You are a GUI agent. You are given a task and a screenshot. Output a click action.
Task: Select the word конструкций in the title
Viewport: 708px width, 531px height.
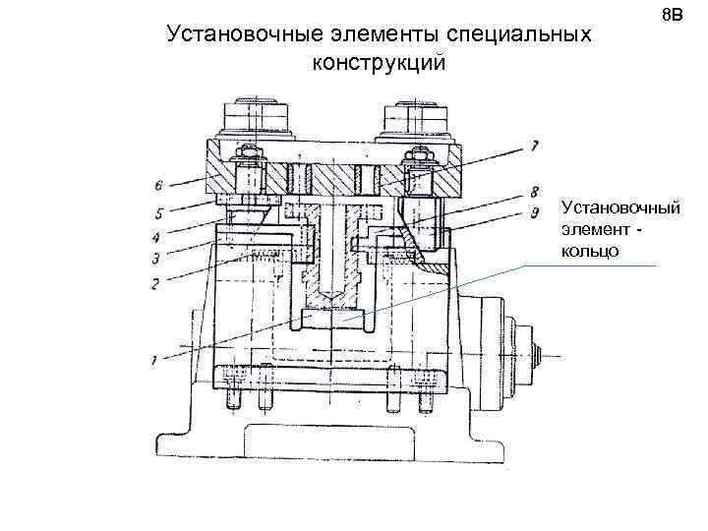(379, 63)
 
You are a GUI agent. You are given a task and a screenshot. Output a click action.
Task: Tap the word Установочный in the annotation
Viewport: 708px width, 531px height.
(620, 208)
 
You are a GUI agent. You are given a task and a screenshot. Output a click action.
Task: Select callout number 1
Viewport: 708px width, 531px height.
(154, 360)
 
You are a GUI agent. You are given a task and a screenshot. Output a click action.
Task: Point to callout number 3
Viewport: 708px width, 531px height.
(154, 259)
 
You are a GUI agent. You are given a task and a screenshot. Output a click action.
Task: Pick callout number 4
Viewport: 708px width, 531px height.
(154, 235)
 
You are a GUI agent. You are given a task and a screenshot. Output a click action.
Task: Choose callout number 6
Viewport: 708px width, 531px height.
(157, 184)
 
